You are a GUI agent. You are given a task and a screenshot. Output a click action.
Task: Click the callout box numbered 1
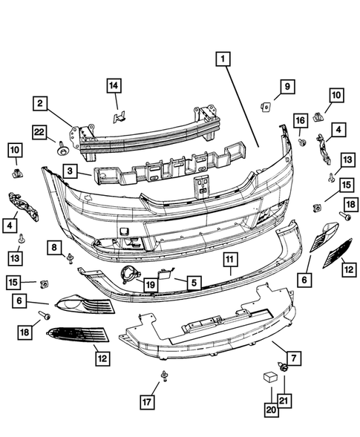click(223, 58)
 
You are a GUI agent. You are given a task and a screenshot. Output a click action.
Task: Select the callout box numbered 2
click(42, 103)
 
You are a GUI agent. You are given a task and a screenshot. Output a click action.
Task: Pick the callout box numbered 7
click(293, 358)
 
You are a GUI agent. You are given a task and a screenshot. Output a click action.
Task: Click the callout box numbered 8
click(55, 246)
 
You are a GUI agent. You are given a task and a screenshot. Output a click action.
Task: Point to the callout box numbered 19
click(149, 283)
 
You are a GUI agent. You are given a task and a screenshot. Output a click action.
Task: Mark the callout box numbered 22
click(41, 132)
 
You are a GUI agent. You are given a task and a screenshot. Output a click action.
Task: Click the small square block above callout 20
click(269, 378)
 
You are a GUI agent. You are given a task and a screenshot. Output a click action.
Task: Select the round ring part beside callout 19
click(129, 277)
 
